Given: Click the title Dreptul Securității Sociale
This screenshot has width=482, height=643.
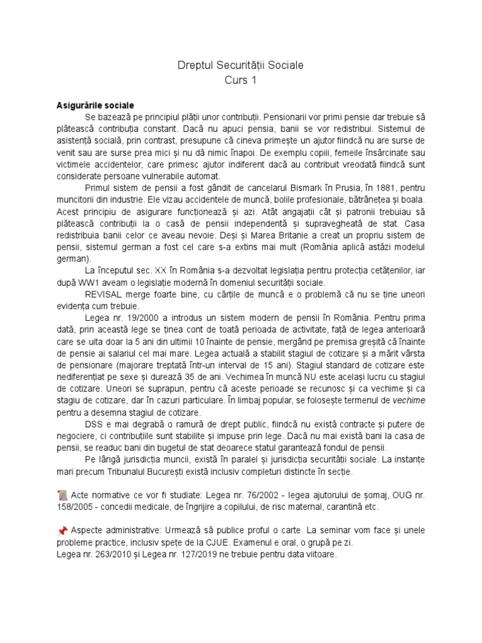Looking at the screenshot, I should click(240, 65).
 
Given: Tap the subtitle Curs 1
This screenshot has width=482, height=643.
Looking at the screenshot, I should click(240, 80).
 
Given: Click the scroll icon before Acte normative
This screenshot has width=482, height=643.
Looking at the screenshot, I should click(62, 495).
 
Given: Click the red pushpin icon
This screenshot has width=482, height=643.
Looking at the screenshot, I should click(62, 531).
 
